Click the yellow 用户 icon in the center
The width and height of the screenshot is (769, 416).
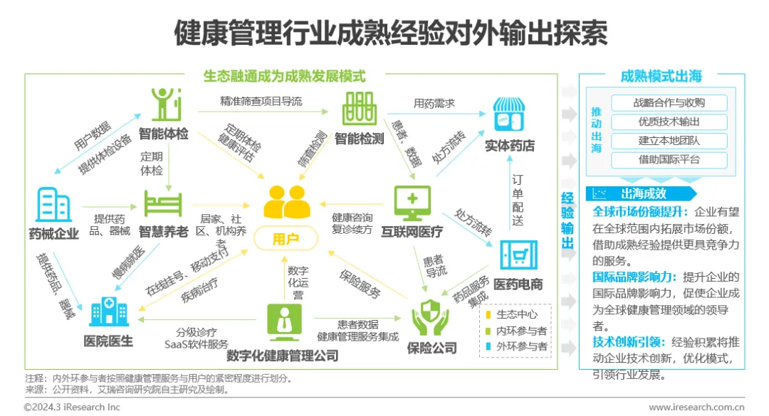[x=286, y=203]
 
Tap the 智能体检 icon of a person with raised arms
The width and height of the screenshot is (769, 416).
[x=164, y=104]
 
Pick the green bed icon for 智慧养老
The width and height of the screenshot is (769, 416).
[x=164, y=203]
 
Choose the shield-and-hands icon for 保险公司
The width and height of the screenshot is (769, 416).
[x=431, y=318]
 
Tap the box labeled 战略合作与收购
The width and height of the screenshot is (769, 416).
[x=669, y=102]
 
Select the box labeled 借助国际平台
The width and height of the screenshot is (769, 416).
[x=669, y=160]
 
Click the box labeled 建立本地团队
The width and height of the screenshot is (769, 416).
[x=669, y=141]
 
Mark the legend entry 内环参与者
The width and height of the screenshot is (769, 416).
[x=517, y=331]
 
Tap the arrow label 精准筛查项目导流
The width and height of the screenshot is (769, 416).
[x=251, y=102]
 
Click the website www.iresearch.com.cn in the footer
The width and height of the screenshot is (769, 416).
[x=696, y=407]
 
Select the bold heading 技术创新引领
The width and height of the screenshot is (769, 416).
[x=627, y=342]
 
